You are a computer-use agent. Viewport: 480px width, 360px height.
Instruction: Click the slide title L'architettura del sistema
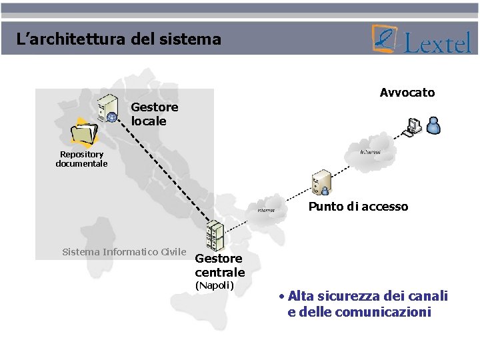click(x=119, y=39)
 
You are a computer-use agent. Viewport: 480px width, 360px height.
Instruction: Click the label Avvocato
click(x=407, y=93)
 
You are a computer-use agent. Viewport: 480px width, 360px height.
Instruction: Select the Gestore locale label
click(x=155, y=114)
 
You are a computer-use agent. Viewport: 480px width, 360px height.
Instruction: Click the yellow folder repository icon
click(x=85, y=131)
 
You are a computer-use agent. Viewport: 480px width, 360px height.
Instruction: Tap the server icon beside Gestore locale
click(x=108, y=109)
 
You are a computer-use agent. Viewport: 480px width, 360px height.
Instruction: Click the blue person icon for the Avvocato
click(x=433, y=125)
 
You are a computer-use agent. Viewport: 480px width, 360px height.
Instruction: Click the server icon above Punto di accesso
click(x=322, y=181)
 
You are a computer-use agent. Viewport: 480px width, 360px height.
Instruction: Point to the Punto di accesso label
click(x=358, y=207)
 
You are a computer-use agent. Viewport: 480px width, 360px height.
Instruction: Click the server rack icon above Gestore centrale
click(x=214, y=235)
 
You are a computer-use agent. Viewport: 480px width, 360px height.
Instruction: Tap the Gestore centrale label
click(x=219, y=265)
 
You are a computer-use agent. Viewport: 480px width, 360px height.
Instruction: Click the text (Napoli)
click(x=214, y=285)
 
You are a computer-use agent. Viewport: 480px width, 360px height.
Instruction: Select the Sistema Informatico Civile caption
click(x=124, y=252)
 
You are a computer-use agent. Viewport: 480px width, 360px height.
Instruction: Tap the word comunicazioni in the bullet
click(x=383, y=312)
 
